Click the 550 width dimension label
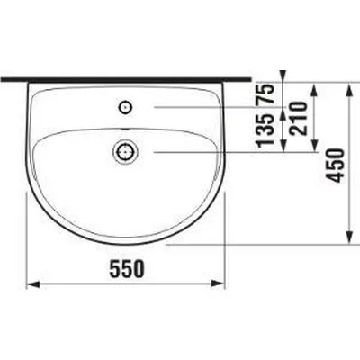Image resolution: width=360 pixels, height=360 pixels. [x=127, y=268]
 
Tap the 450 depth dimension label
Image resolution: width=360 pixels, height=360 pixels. [x=336, y=166]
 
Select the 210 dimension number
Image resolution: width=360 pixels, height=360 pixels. [x=299, y=118]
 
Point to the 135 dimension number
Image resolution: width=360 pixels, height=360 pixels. [x=265, y=130]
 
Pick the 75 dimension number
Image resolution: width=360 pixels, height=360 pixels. [x=265, y=94]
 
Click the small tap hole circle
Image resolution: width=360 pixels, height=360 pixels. [x=126, y=107]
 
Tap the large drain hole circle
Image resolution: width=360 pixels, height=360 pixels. [x=125, y=152]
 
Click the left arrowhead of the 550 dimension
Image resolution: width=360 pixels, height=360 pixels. [x=33, y=283]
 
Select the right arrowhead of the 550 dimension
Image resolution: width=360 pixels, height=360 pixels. [x=219, y=283]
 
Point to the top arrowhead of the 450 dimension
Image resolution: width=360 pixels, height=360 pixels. [x=348, y=90]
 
